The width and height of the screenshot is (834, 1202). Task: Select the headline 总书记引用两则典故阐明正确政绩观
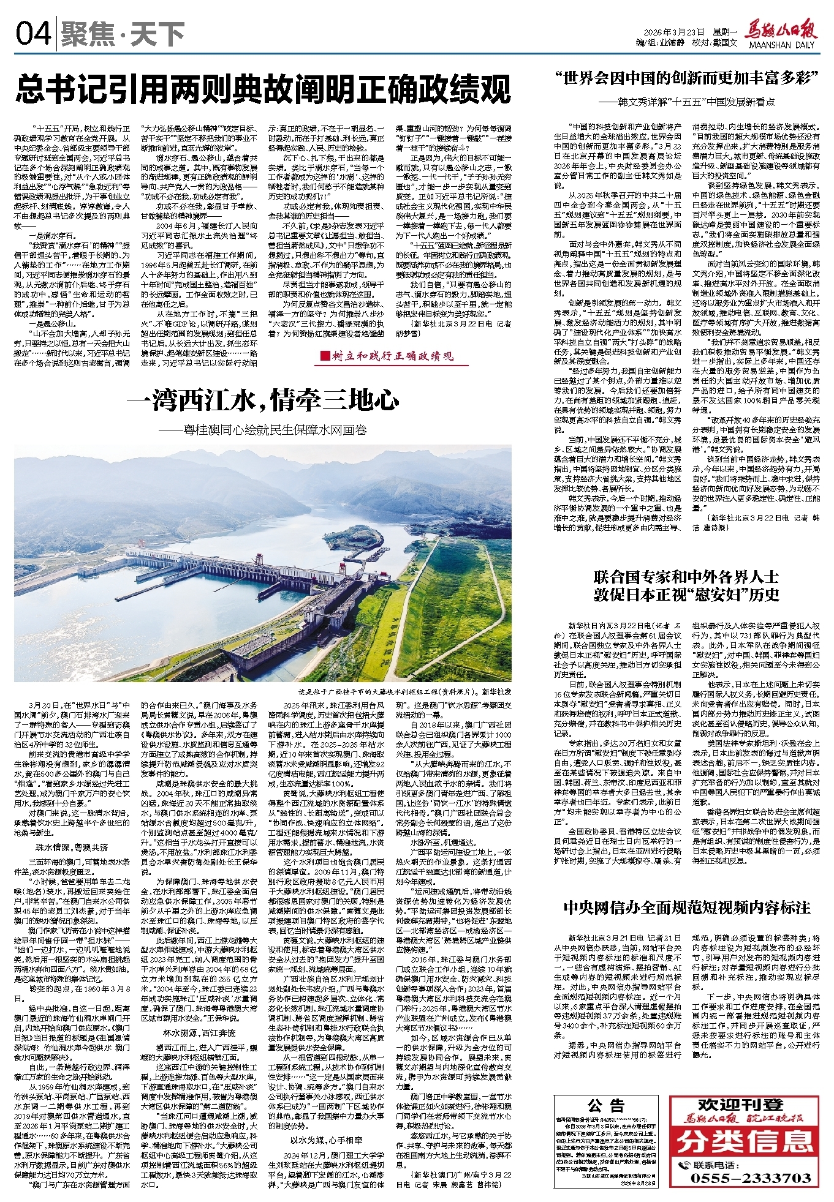click(263, 89)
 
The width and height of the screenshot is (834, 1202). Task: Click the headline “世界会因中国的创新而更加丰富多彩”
click(686, 79)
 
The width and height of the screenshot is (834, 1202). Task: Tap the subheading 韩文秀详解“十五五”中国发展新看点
click(686, 101)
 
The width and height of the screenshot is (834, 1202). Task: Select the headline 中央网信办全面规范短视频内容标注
click(686, 907)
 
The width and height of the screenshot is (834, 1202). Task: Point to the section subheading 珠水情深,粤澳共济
click(72, 847)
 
